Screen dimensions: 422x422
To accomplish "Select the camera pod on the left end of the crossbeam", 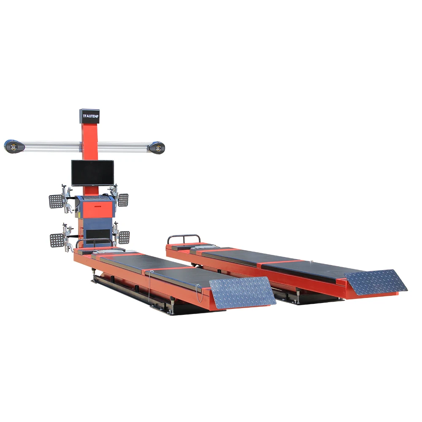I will click(14, 146).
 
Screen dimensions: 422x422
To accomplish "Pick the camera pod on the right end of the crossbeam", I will click(156, 147).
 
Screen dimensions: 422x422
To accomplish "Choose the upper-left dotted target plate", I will click(56, 201).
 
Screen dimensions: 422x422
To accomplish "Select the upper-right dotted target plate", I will click(123, 200).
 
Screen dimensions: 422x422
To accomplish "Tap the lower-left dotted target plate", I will click(57, 240).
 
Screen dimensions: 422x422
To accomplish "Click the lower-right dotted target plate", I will click(124, 237).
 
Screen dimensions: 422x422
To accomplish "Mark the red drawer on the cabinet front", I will click(95, 207).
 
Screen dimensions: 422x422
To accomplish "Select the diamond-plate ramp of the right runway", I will click(376, 282).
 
